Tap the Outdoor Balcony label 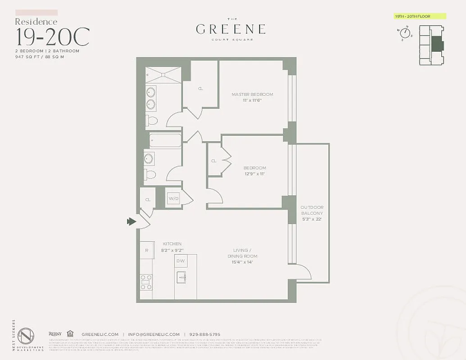click(x=312, y=213)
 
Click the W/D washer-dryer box click(x=173, y=198)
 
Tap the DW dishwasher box click(x=181, y=261)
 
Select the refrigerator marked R click(x=146, y=251)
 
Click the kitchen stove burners click(x=146, y=282)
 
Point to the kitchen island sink click(x=181, y=278)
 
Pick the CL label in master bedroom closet click(x=200, y=88)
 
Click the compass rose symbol click(x=404, y=33)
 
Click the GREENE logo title click(x=231, y=30)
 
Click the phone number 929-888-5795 click(x=205, y=334)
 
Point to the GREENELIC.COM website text click(x=100, y=334)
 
